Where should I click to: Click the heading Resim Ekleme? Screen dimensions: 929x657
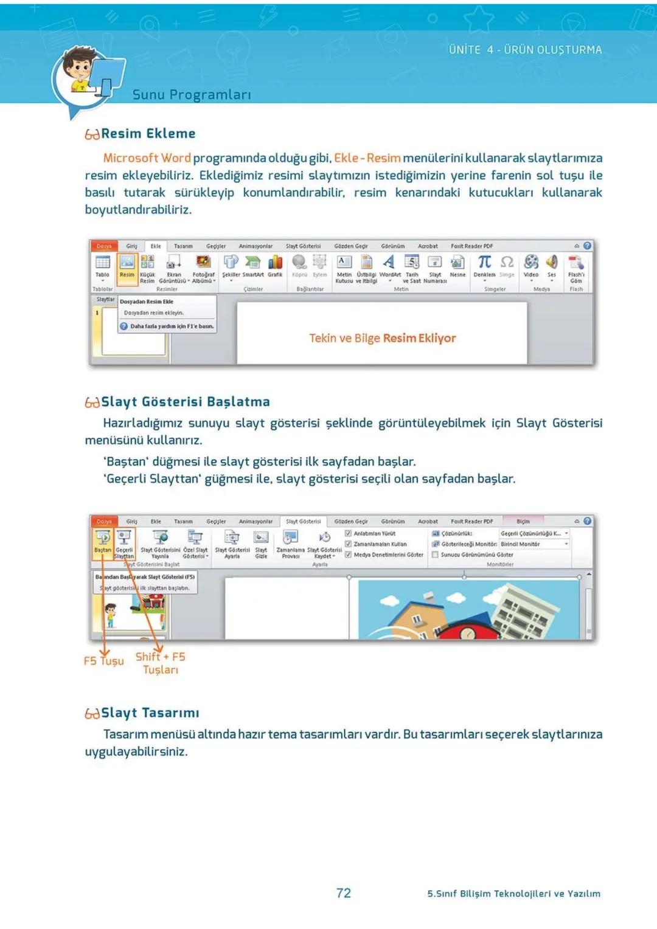(x=148, y=134)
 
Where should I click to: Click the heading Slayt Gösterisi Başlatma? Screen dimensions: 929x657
(x=185, y=402)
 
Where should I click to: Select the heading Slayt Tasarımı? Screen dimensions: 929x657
(x=150, y=713)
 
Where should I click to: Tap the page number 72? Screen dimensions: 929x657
(x=344, y=893)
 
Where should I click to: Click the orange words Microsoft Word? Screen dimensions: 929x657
(x=147, y=158)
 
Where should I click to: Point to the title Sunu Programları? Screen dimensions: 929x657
(x=192, y=95)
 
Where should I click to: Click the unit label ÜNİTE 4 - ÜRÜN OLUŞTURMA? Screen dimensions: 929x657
(x=525, y=50)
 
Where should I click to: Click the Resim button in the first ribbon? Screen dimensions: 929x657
(x=127, y=266)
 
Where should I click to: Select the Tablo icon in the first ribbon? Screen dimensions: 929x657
(x=103, y=266)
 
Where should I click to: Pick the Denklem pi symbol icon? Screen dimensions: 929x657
(x=484, y=263)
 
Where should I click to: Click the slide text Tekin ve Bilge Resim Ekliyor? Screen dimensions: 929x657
(x=382, y=338)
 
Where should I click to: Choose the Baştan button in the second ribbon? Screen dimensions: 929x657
(x=103, y=541)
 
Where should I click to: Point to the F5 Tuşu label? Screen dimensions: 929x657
(x=103, y=661)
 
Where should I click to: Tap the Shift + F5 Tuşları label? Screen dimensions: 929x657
(x=161, y=663)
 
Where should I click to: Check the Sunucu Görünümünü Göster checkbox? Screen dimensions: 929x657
(x=435, y=554)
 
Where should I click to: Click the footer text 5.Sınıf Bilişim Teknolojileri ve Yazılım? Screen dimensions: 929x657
(x=513, y=893)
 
